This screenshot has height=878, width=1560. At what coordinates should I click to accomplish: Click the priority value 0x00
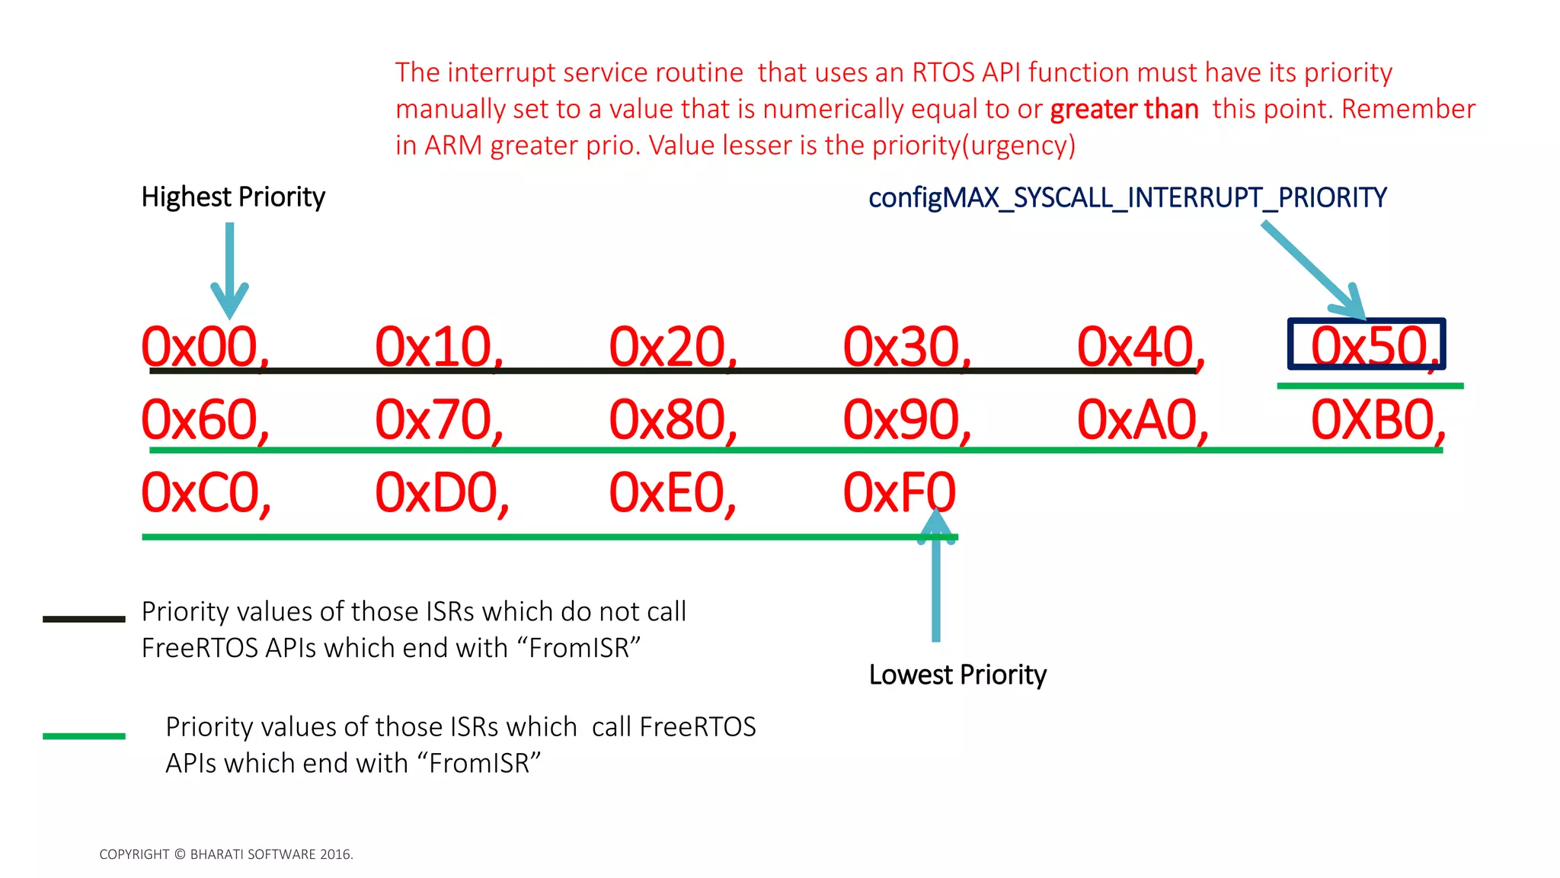coord(203,347)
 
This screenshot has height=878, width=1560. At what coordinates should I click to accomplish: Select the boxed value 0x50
coord(1367,345)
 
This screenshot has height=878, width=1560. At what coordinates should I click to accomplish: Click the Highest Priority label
coord(233,197)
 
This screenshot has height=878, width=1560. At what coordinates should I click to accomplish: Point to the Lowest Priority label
coord(957,675)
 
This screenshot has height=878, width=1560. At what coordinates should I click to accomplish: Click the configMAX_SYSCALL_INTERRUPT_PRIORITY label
coord(1127,197)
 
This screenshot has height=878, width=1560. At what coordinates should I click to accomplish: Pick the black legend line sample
coord(84,619)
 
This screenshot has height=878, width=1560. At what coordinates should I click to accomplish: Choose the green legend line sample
coord(84,735)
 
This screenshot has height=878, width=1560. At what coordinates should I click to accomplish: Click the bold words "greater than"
coord(1124,110)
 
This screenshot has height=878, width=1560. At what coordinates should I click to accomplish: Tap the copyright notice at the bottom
coord(226,854)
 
